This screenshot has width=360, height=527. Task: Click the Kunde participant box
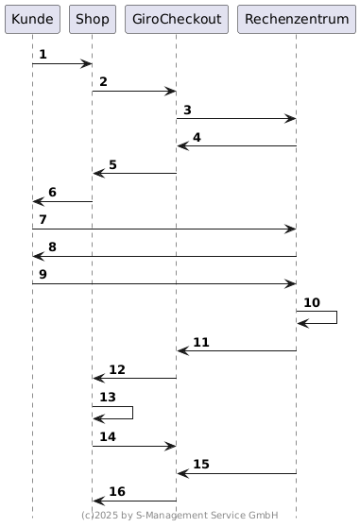32,19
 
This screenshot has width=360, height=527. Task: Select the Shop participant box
93,19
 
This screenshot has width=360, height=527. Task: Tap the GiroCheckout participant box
177,19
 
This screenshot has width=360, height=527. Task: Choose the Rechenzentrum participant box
297,19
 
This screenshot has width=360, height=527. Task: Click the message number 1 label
43,54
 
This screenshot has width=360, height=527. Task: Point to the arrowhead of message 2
170,91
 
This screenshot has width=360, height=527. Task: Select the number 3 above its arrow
187,110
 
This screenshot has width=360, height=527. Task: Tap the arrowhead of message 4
183,145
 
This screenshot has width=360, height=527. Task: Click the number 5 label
112,164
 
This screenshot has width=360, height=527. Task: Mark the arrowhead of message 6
39,202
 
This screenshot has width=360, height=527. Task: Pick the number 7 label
43,219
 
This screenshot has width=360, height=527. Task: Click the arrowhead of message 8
39,257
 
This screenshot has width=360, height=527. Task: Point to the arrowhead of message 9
290,283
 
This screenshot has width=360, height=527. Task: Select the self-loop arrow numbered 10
336,317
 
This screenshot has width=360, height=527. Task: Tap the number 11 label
201,342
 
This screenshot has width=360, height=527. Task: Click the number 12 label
117,369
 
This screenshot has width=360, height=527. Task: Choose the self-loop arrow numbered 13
133,413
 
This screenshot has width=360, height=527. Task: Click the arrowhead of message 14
170,447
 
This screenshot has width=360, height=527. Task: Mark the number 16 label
117,491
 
